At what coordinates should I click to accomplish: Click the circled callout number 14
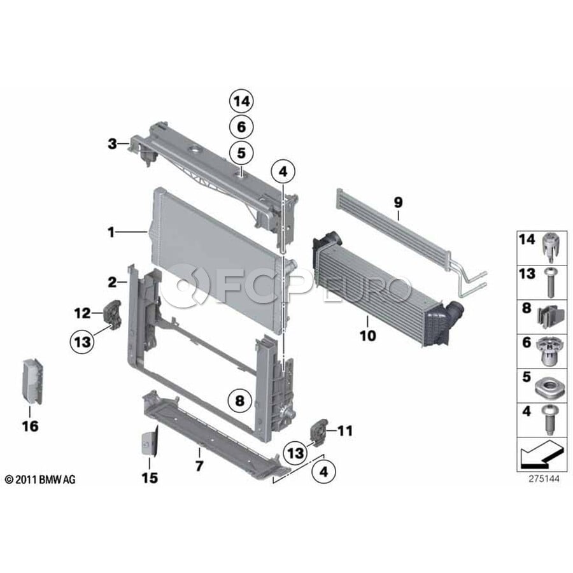click(x=241, y=101)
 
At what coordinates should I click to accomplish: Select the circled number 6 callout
click(x=241, y=127)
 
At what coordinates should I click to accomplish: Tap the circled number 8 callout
click(x=240, y=401)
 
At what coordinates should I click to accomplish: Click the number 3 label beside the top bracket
click(x=112, y=144)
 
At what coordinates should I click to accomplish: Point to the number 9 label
click(x=398, y=202)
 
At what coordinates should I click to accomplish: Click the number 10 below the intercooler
click(x=367, y=336)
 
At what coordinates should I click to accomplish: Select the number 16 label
click(x=30, y=426)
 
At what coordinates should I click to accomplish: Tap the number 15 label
click(x=150, y=478)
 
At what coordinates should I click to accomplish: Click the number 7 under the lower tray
click(x=199, y=466)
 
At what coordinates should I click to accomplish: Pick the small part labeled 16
click(x=32, y=381)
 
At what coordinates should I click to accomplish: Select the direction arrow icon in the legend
click(x=541, y=454)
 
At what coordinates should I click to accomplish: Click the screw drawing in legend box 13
click(x=550, y=283)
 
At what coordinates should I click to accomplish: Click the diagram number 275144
click(x=544, y=478)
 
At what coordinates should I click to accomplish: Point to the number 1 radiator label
click(x=111, y=232)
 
